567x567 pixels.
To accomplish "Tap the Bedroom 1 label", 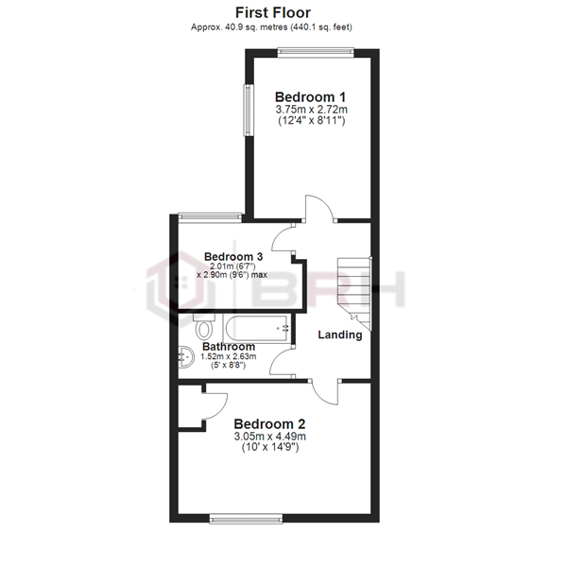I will pyautogui.click(x=311, y=96).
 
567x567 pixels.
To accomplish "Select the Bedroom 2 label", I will pyautogui.click(x=270, y=423).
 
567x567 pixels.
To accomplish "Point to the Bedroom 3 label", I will pyautogui.click(x=233, y=256).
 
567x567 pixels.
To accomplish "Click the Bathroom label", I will pyautogui.click(x=230, y=347).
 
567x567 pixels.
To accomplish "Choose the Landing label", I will pyautogui.click(x=340, y=335).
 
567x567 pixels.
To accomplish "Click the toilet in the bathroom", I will pyautogui.click(x=204, y=328).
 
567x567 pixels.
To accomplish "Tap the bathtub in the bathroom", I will pyautogui.click(x=257, y=328).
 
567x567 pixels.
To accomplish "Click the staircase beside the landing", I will pyautogui.click(x=357, y=288).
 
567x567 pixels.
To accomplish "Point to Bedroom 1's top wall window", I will pyautogui.click(x=315, y=53).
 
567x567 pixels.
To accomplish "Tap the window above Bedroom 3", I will pyautogui.click(x=209, y=216).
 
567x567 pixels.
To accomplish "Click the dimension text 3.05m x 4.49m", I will pyautogui.click(x=270, y=437).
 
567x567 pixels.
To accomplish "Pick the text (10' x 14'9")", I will pyautogui.click(x=270, y=449).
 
